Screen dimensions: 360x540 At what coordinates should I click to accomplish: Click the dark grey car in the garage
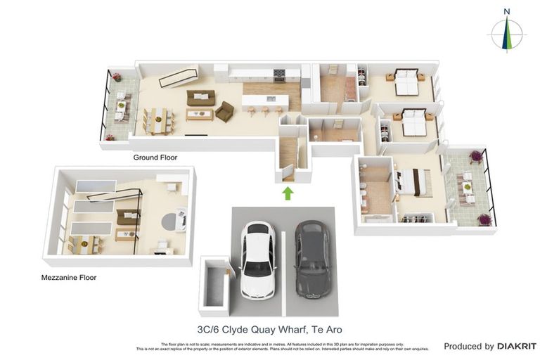(310, 259)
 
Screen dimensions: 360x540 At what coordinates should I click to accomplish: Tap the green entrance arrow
(288, 193)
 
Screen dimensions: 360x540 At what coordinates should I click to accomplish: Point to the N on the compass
(506, 11)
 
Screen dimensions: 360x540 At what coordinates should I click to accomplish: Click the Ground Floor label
(155, 157)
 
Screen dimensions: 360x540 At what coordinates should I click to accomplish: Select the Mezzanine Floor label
(69, 278)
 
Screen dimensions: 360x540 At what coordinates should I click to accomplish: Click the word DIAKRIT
(517, 346)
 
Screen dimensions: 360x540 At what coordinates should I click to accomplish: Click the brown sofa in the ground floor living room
(200, 98)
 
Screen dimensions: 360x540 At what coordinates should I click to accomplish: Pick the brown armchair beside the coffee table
(224, 111)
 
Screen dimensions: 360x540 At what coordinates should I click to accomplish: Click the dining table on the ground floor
(158, 120)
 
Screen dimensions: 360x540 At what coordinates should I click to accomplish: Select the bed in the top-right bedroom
(408, 82)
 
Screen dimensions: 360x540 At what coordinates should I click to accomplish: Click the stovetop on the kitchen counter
(278, 73)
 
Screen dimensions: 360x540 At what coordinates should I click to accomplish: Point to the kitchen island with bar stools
(265, 101)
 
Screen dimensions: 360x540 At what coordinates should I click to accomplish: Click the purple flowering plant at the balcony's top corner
(477, 155)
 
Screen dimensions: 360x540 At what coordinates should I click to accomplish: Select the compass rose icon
(506, 34)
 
